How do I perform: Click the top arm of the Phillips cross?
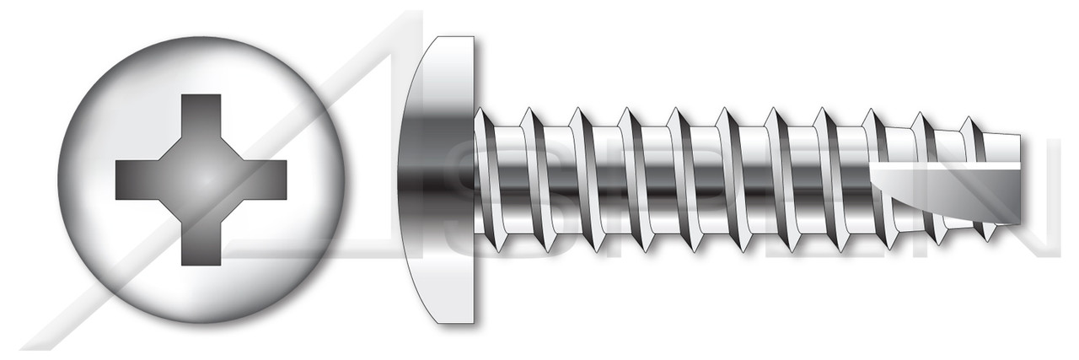[x=201, y=118]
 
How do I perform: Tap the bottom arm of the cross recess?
[x=201, y=240]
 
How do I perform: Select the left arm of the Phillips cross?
[x=139, y=179]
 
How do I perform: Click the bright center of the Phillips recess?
[x=201, y=179]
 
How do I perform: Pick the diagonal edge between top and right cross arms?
[x=229, y=149]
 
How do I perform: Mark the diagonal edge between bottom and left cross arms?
[x=173, y=208]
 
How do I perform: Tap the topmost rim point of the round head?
[x=201, y=37]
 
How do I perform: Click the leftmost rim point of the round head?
[x=58, y=179]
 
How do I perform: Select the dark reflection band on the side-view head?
[x=438, y=179]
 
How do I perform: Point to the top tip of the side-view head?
[x=455, y=38]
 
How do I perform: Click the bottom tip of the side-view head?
[x=455, y=321]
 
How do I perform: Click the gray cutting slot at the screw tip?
[x=944, y=198]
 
